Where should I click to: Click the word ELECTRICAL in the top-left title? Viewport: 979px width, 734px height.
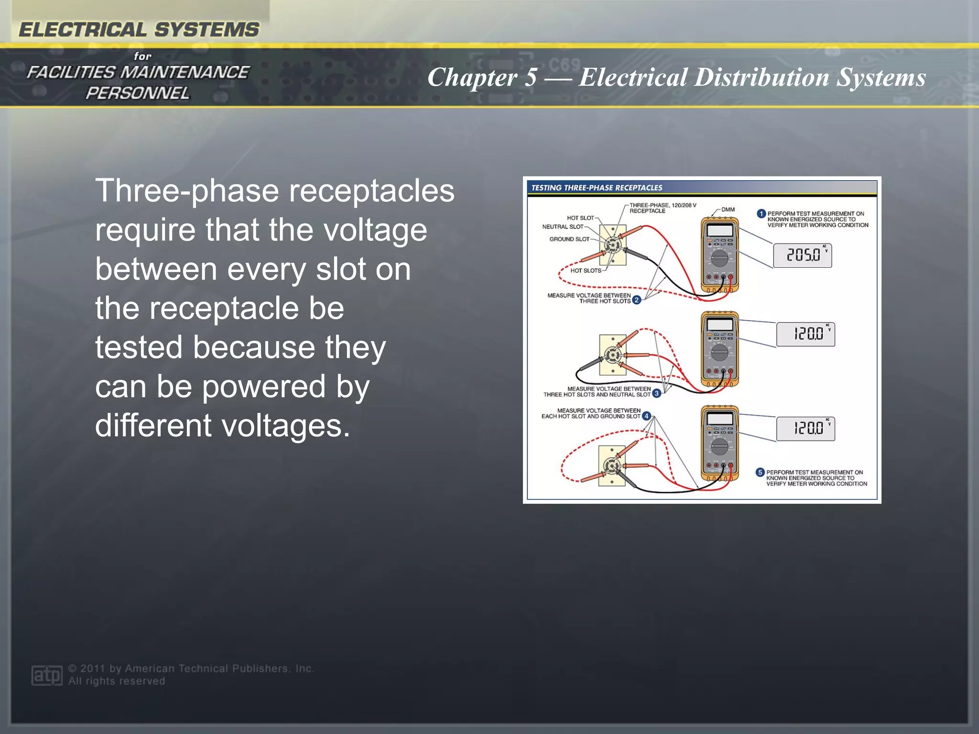82,30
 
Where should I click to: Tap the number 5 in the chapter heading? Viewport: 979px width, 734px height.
530,77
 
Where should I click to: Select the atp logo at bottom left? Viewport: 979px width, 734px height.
46,675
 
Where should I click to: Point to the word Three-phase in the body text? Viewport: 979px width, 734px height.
187,191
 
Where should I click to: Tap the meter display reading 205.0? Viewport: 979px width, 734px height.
802,255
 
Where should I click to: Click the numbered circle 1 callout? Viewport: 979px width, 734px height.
761,214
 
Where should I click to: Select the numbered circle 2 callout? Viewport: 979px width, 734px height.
636,300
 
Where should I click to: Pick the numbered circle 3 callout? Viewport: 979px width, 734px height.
657,393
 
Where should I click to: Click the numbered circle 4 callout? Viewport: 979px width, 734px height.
646,416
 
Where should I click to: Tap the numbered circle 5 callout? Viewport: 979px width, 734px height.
760,472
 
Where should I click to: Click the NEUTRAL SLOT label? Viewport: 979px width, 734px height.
562,227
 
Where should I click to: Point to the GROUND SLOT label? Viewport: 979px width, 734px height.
569,239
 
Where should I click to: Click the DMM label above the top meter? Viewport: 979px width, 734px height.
728,209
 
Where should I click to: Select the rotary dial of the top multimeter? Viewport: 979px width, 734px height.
719,259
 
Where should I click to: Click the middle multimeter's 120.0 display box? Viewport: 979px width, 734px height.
805,334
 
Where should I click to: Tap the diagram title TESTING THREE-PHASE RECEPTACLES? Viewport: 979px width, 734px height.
597,188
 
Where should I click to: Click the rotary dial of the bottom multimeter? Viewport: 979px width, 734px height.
719,447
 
